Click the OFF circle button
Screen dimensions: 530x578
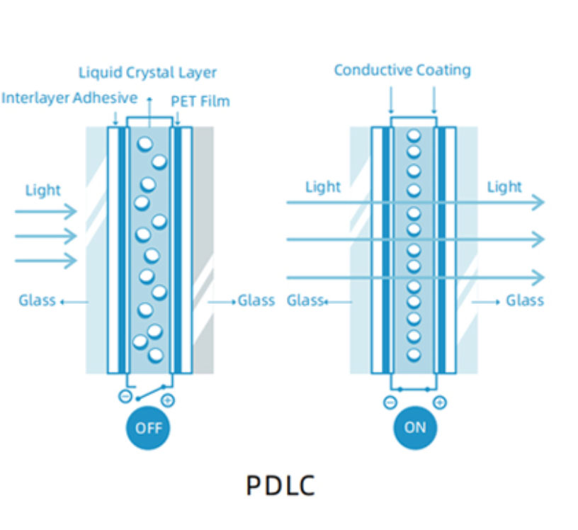point(149,427)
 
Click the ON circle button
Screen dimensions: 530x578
point(415,427)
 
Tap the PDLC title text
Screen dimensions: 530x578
point(280,485)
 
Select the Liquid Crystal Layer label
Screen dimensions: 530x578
point(147,72)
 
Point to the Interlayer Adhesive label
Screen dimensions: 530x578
point(69,98)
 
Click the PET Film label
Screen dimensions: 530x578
point(200,101)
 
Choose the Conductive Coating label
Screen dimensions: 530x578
point(402,70)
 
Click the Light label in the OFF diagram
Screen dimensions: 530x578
point(43,190)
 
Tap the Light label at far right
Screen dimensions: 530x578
point(504,187)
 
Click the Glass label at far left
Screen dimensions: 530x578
point(37,300)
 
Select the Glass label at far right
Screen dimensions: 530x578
point(525,300)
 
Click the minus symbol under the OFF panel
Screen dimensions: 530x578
point(125,397)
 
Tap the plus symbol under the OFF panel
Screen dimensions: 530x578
point(168,401)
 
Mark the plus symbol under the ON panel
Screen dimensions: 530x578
point(440,402)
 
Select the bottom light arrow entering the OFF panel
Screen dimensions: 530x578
point(45,261)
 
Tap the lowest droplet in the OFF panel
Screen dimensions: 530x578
point(156,354)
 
